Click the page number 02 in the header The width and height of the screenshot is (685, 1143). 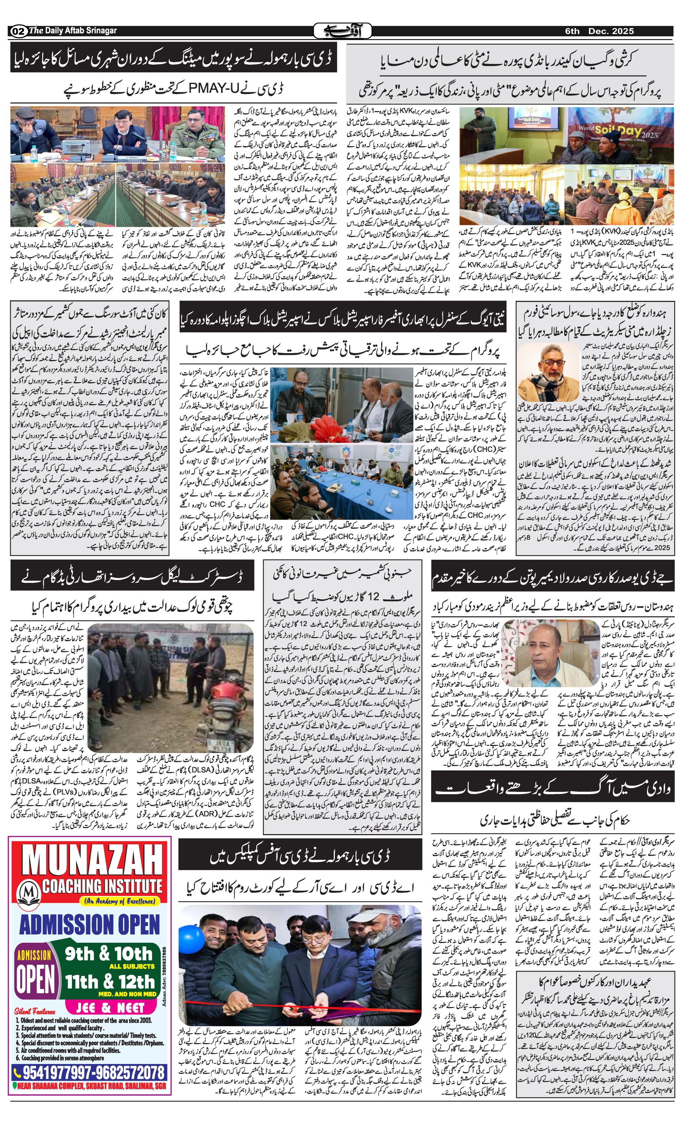(17, 31)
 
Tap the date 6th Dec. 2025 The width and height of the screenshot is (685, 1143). (599, 31)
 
